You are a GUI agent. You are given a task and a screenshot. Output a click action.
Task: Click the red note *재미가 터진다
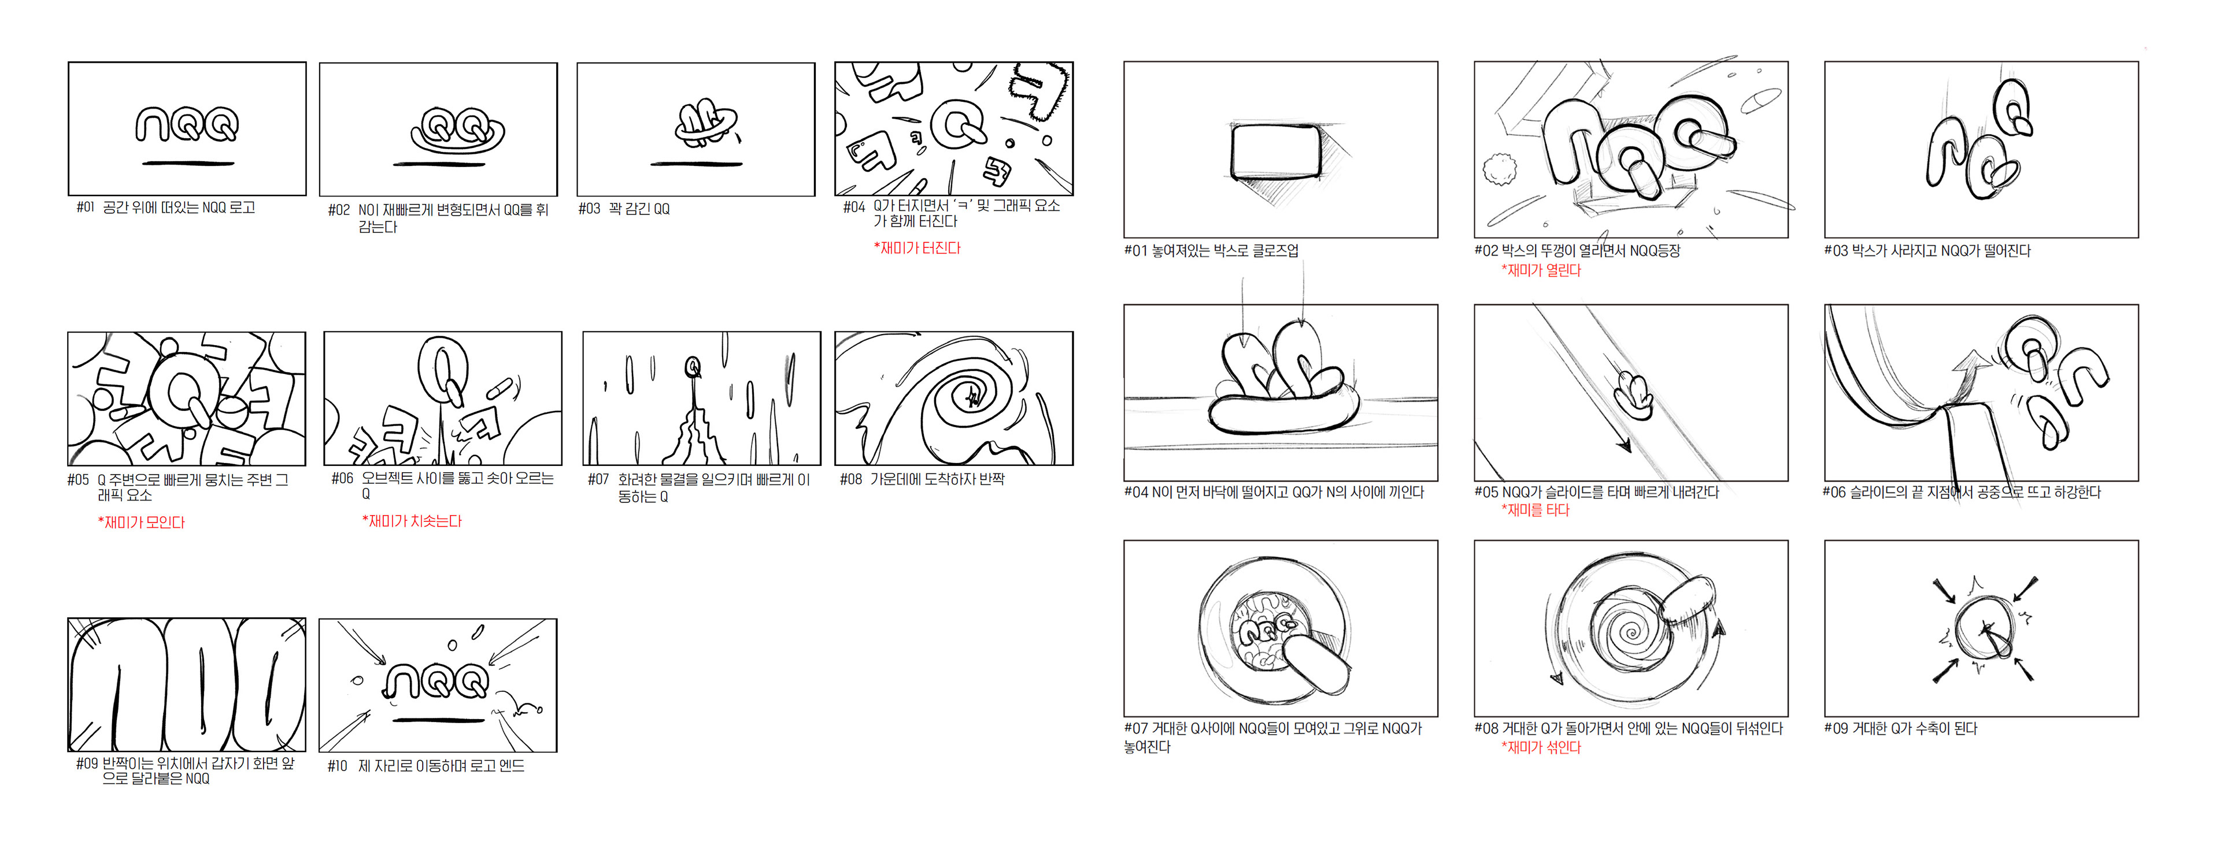click(x=916, y=248)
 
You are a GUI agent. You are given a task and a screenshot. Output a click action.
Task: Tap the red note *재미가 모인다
click(x=141, y=522)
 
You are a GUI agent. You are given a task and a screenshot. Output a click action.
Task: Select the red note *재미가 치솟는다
click(x=412, y=521)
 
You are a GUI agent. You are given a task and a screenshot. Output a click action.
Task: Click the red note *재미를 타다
click(x=1535, y=510)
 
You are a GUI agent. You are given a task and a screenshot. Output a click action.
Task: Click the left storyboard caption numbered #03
click(x=624, y=209)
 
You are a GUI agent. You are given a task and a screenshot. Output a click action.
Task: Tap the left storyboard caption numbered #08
click(x=922, y=479)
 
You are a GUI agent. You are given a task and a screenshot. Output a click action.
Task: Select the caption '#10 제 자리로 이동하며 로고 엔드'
click(x=425, y=766)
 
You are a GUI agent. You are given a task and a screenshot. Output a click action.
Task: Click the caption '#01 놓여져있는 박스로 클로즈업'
click(x=1211, y=251)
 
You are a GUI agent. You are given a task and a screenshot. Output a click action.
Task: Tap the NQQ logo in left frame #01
click(x=187, y=124)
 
